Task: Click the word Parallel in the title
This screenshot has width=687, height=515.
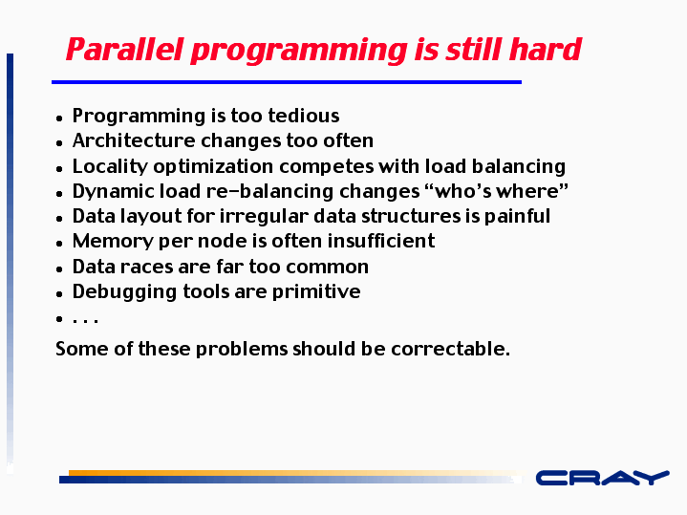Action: (124, 49)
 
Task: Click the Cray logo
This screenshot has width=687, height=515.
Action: (603, 478)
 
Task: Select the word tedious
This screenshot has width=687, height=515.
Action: (304, 116)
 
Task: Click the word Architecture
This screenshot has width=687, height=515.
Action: (134, 140)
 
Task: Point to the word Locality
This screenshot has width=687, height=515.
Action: (111, 166)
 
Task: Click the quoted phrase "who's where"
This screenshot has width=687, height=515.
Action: (497, 191)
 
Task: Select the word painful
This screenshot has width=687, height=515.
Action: (517, 217)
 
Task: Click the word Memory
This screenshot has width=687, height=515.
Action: (113, 242)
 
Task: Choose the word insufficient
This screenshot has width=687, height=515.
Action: (381, 241)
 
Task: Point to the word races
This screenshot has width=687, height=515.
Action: (147, 267)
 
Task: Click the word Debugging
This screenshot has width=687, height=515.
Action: (124, 292)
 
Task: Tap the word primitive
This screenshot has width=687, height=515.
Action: (316, 292)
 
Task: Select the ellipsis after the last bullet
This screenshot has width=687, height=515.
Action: (85, 321)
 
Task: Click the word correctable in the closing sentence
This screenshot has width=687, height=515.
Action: (450, 349)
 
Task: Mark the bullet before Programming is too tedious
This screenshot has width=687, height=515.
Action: (59, 118)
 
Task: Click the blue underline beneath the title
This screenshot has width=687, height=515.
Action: (287, 82)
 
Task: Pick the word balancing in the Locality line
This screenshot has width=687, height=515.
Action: (518, 166)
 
